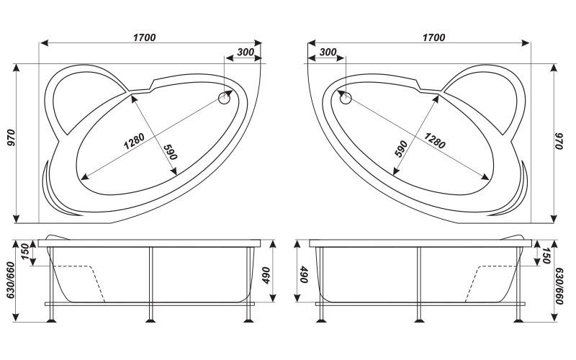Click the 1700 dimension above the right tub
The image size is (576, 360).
pos(433,37)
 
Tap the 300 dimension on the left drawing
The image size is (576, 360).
pos(244,52)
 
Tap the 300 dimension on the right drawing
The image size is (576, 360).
pos(327,52)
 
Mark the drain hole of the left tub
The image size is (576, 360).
pos(225,98)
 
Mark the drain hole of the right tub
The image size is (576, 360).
pos(345,98)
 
